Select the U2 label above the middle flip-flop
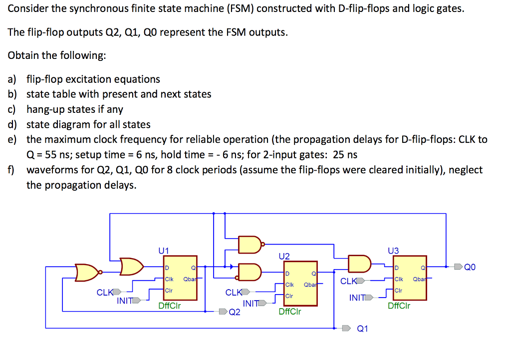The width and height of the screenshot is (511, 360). coord(284,256)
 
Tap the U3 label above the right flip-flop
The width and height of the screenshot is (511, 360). coord(393,251)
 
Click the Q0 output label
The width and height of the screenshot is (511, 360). coord(470,267)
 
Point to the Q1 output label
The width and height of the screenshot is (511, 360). coord(363,329)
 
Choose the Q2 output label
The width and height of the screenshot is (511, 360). coord(235,313)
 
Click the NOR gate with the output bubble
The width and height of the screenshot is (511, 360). coord(87,272)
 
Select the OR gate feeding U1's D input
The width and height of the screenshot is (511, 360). coord(132,267)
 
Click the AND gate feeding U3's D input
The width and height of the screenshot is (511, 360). coord(359,264)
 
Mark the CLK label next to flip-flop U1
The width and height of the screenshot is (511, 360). coord(104,293)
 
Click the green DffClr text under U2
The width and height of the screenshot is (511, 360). coord(290,312)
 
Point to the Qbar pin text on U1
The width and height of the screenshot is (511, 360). coord(190,279)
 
